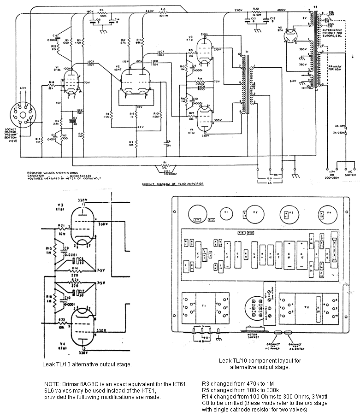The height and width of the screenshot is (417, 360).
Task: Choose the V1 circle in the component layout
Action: coord(225,213)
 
